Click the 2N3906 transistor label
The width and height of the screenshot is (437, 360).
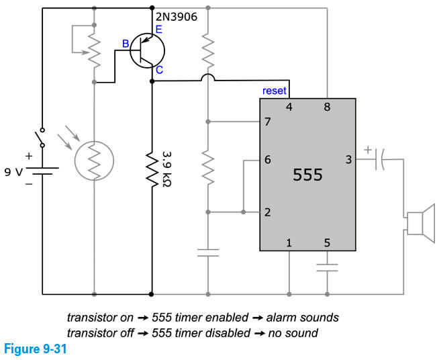point(176,17)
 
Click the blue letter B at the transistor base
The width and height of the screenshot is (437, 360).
point(125,44)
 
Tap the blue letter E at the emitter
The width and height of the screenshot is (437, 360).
point(158,29)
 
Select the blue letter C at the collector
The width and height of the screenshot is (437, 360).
point(158,69)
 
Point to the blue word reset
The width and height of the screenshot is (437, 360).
point(275,91)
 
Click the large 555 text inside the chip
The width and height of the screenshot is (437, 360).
point(308,175)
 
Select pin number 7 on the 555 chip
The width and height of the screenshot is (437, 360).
point(267,122)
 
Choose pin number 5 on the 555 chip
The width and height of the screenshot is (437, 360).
point(327,242)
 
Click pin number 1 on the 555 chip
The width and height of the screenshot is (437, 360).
point(289,242)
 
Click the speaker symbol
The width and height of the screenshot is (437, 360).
point(421,222)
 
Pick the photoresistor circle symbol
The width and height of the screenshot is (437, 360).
point(95,161)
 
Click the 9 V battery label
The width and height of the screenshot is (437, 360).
point(13,172)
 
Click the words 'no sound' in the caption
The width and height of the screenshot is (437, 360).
point(297,332)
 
